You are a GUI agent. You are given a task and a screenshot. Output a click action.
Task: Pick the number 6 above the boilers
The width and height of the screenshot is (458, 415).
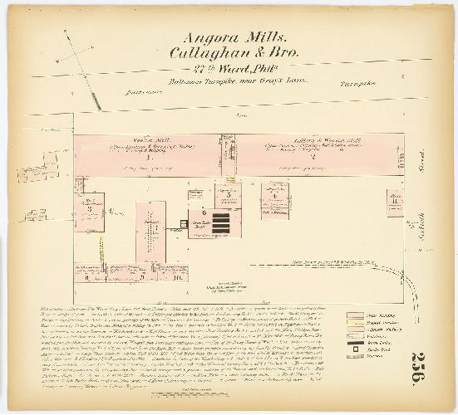(x=203, y=213)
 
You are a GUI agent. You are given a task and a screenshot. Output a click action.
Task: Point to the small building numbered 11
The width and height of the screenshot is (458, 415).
(x=394, y=200)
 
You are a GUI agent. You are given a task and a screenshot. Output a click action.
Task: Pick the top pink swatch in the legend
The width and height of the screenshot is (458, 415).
(x=354, y=315)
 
